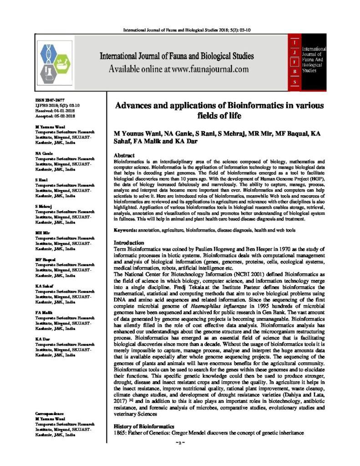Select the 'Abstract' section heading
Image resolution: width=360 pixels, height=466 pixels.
(x=124, y=155)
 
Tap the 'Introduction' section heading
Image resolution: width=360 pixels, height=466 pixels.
(x=129, y=243)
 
